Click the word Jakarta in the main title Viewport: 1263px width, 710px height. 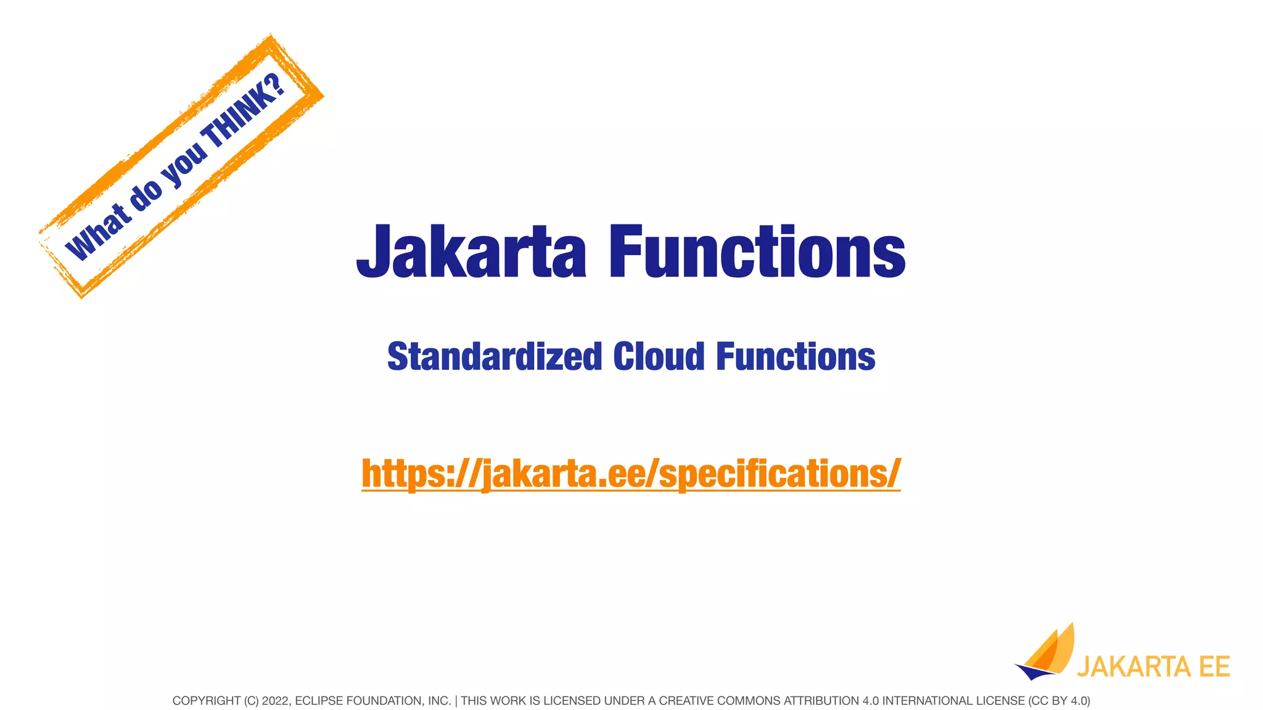click(471, 251)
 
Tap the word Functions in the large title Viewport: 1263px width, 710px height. click(757, 251)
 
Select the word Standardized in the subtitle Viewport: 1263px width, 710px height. click(494, 357)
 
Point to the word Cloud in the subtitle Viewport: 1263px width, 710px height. click(659, 357)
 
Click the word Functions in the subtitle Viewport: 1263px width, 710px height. click(796, 357)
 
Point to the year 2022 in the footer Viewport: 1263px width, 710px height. click(275, 701)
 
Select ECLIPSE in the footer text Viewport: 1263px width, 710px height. click(316, 701)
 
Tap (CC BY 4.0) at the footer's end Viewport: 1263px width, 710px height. click(1059, 701)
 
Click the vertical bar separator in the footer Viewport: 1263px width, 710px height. click(456, 701)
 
